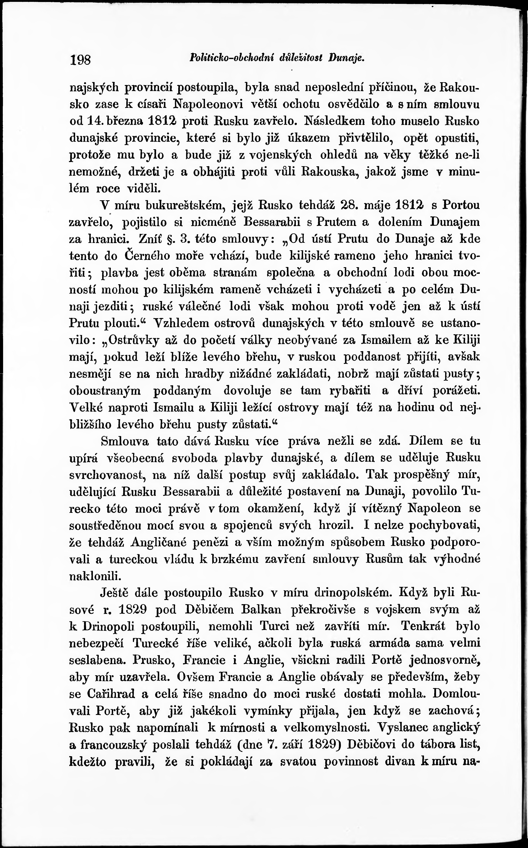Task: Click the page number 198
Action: tap(81, 60)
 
